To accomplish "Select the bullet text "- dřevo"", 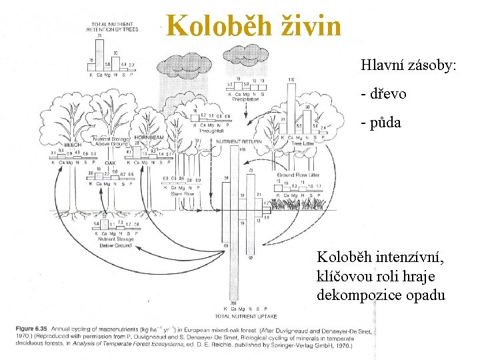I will tap(383, 94).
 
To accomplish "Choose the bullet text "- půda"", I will tap(381, 122).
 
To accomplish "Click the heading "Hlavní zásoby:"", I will tap(408, 65).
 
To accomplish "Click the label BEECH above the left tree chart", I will tap(73, 145).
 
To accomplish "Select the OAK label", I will tap(110, 163).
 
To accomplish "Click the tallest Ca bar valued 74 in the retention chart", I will tap(99, 53).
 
